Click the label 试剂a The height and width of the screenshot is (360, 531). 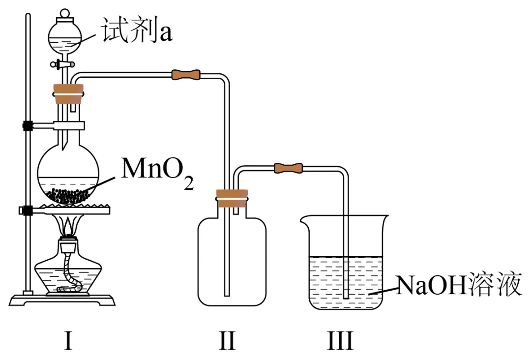click(x=137, y=30)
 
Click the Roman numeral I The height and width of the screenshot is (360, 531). click(x=68, y=340)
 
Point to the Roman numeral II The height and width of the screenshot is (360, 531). click(x=227, y=340)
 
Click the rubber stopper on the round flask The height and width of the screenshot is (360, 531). click(x=68, y=94)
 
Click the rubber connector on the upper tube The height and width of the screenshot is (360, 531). click(x=186, y=75)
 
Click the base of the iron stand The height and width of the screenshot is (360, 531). click(x=63, y=299)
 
